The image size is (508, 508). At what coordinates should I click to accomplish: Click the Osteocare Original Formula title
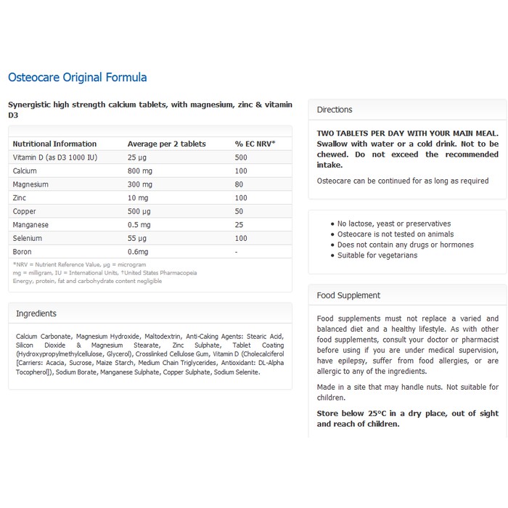pos(77,78)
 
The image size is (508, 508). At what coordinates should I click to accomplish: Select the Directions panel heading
pos(335,110)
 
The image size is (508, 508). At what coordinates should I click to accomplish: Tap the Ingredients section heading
pos(36,314)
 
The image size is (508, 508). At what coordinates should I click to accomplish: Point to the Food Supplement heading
pos(348,295)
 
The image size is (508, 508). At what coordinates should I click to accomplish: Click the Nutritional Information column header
pos(54,144)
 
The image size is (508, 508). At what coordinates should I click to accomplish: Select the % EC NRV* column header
pos(254,144)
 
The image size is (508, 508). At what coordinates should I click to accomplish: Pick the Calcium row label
pos(25,171)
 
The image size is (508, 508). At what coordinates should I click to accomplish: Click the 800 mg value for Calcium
pos(140,171)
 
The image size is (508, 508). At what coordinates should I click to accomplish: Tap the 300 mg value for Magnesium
pos(140,184)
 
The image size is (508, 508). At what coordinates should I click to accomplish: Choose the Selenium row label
pos(28,238)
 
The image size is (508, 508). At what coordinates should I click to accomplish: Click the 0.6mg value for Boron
pos(138,252)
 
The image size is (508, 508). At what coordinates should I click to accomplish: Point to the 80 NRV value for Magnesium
pos(239,184)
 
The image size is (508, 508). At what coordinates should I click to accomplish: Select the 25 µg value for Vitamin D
pos(137,157)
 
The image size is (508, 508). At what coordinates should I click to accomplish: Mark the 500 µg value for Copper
pos(139,211)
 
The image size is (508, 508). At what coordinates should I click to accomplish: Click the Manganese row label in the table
pos(30,225)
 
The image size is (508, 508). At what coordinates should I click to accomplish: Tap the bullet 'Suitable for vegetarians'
pos(377,255)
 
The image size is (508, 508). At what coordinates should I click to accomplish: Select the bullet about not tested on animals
pos(396,234)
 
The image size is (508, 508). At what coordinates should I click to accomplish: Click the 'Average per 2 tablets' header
pos(167,144)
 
